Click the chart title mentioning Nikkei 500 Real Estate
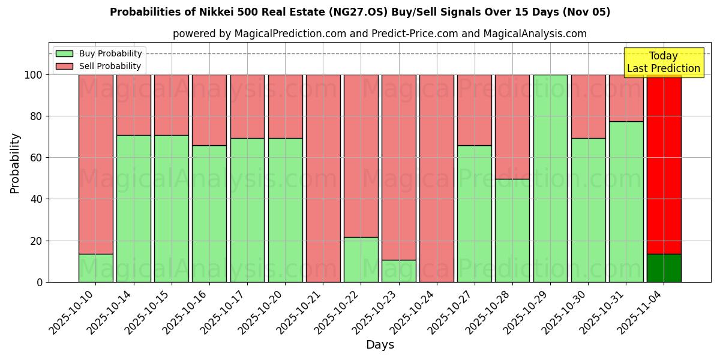pos(360,12)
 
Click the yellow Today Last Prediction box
pos(663,62)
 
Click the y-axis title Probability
pos(15,163)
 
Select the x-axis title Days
pos(380,345)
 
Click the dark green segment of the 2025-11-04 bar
pos(664,268)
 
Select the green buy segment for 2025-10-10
pos(95,268)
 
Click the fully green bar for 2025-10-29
pos(550,178)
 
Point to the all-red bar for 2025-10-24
pos(436,178)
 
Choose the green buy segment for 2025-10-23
pos(398,271)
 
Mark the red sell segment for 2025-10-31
pos(626,98)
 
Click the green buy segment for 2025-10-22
pos(361,260)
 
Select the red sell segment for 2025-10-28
pos(512,127)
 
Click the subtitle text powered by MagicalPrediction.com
pos(380,34)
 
